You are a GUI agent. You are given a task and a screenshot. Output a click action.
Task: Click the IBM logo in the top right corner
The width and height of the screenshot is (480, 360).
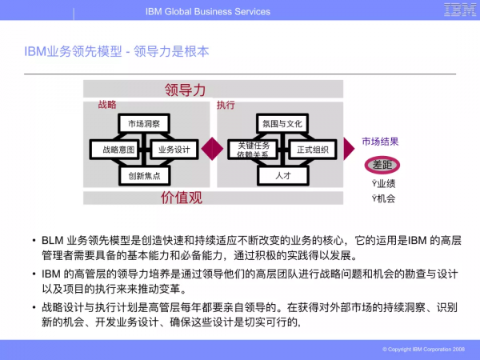coord(457,10)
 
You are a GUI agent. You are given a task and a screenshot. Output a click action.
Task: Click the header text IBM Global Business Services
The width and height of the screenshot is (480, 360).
coord(208,11)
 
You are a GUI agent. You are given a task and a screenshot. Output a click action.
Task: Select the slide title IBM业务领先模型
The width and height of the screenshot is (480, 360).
coord(117,52)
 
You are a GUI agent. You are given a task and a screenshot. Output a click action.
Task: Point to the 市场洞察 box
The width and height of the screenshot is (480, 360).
coord(143,124)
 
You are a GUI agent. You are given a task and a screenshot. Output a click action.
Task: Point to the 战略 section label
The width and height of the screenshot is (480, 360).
coord(107,105)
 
